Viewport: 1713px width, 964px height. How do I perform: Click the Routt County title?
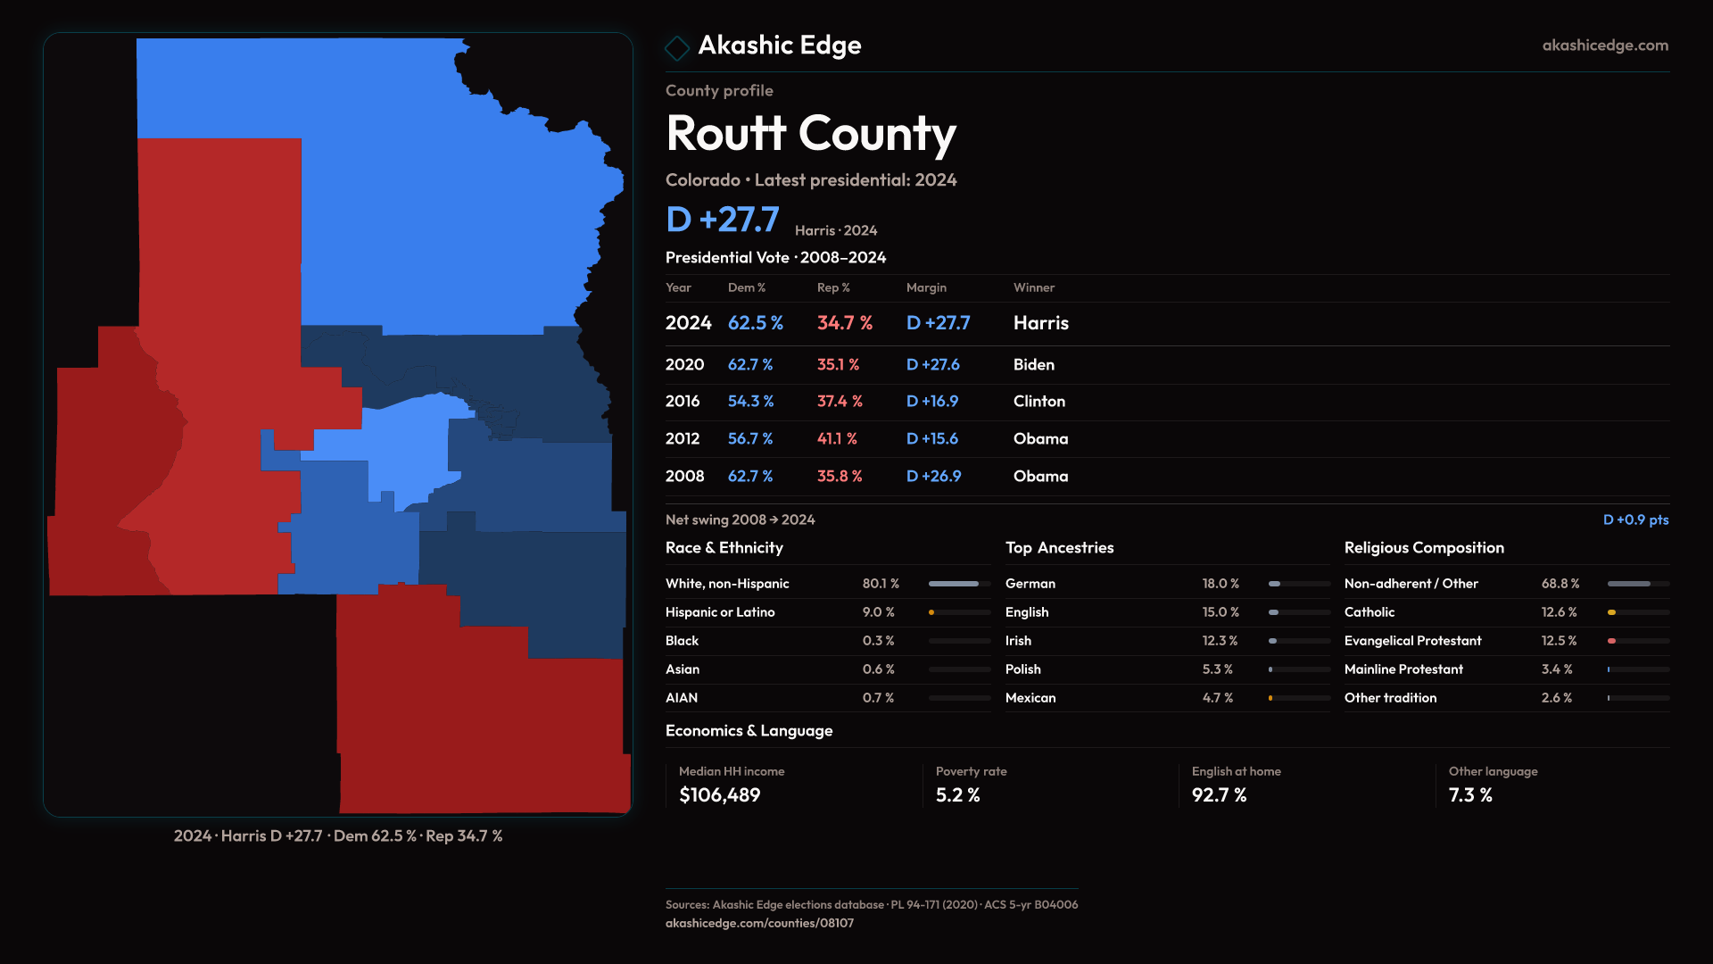point(810,134)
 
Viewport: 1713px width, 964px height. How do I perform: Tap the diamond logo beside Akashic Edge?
point(677,47)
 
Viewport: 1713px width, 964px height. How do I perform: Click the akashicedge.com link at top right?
point(1604,46)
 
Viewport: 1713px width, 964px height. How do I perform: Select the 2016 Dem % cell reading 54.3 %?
point(750,402)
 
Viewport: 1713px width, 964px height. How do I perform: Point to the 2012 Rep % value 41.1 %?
point(837,439)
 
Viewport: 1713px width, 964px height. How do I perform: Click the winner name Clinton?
point(1039,402)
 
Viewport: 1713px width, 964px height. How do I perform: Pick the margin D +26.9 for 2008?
point(933,477)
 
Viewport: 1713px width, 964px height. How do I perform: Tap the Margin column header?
point(926,287)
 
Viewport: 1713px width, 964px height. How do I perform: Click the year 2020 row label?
point(684,364)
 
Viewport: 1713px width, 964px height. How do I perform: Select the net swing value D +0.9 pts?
point(1635,519)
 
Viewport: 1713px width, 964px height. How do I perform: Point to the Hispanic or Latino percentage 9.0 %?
point(878,612)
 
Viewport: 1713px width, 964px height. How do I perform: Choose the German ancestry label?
point(1030,584)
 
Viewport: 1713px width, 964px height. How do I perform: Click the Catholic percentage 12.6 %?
point(1559,612)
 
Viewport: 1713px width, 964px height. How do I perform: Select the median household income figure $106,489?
point(719,795)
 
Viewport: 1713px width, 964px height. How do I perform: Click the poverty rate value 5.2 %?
point(957,795)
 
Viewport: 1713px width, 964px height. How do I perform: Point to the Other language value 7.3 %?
point(1469,795)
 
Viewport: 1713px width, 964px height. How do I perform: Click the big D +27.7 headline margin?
point(723,220)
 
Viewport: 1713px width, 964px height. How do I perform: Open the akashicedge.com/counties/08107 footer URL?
point(759,923)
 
